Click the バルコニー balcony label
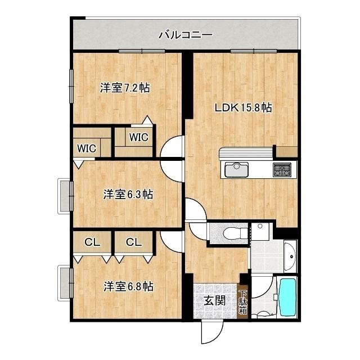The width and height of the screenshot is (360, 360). pyautogui.click(x=185, y=35)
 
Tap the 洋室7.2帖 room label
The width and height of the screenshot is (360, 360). pyautogui.click(x=125, y=88)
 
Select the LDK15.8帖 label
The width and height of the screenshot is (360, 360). pyautogui.click(x=244, y=107)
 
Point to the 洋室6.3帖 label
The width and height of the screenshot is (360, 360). pyautogui.click(x=128, y=195)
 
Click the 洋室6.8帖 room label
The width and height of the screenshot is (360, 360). pyautogui.click(x=128, y=286)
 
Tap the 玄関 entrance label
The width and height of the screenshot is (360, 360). pyautogui.click(x=215, y=300)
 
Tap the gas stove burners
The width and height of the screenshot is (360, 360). pyautogui.click(x=282, y=169)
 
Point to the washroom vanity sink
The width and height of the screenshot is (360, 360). pyautogui.click(x=290, y=256)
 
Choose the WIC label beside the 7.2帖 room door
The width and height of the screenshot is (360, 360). pyautogui.click(x=138, y=137)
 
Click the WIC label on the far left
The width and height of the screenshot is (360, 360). pyautogui.click(x=87, y=148)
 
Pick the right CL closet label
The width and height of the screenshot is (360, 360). pyautogui.click(x=133, y=242)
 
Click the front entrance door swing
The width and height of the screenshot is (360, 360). pyautogui.click(x=211, y=332)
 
